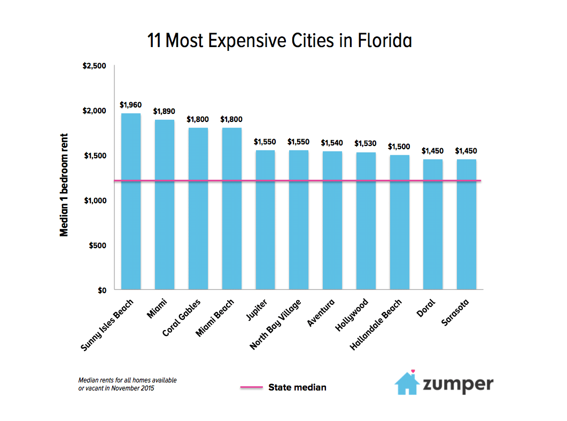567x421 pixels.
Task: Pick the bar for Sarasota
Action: [466, 225]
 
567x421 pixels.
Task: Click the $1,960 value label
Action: [130, 105]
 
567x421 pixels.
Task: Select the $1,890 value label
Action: [164, 111]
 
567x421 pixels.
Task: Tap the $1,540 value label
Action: [332, 143]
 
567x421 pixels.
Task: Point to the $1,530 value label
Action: [366, 143]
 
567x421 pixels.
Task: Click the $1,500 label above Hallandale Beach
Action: [399, 146]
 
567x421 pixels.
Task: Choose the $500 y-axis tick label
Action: [98, 246]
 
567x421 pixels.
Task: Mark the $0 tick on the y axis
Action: [102, 290]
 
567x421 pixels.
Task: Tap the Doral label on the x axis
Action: [426, 307]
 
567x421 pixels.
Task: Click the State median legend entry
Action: [297, 387]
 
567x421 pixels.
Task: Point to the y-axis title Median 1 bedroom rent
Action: [64, 185]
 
